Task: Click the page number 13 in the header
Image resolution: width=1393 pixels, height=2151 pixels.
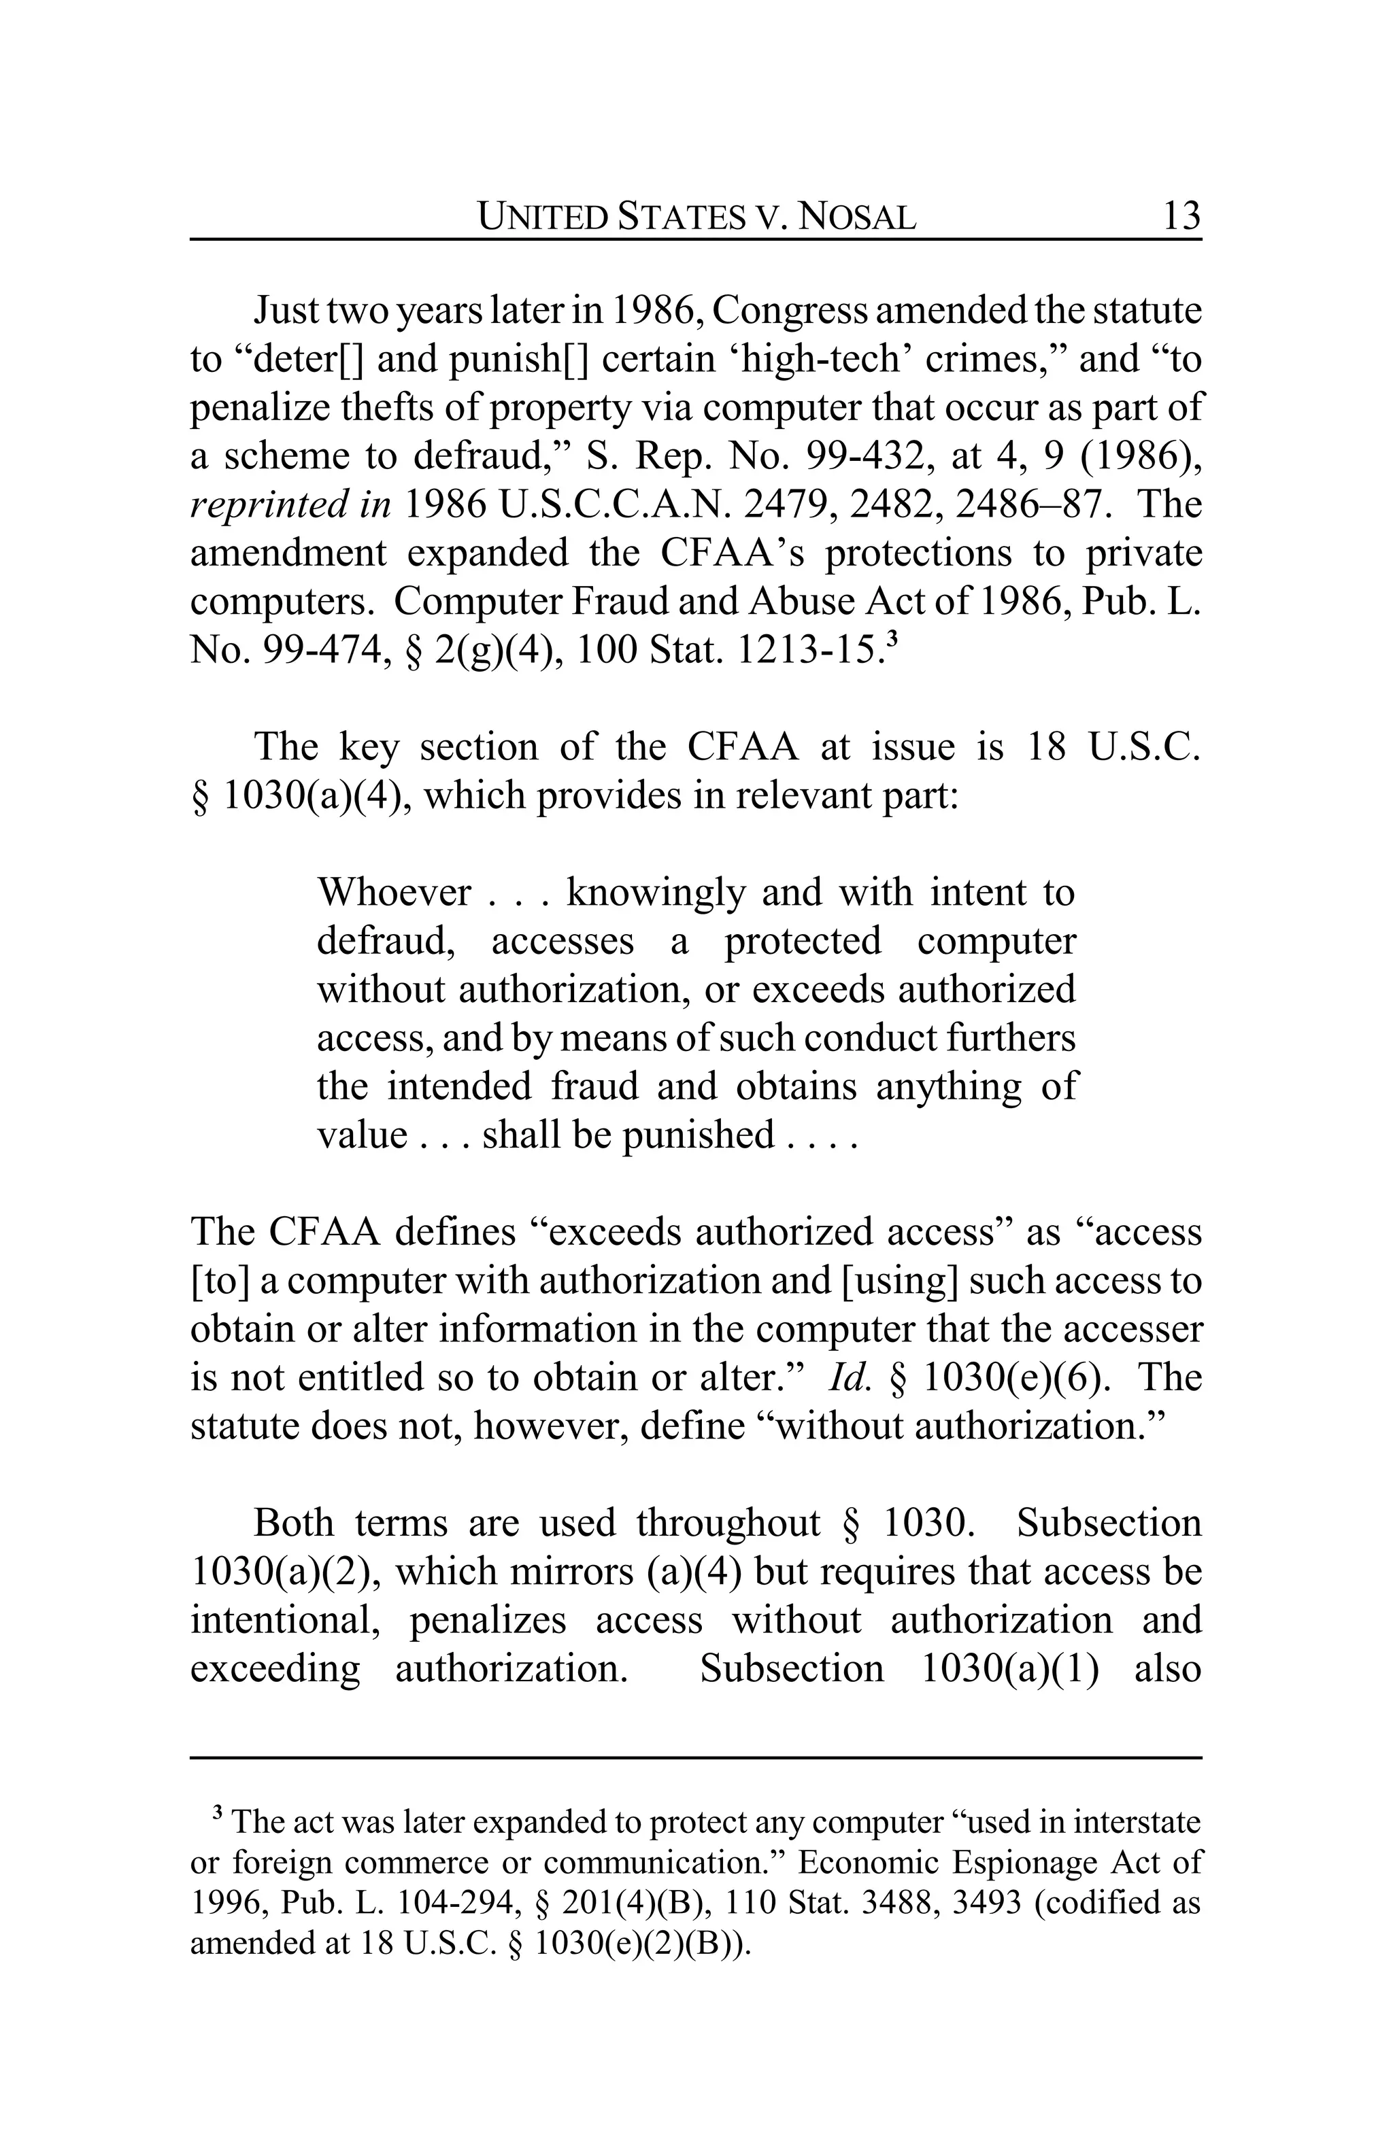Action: (x=1181, y=217)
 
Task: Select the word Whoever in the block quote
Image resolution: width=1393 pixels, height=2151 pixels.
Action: (x=393, y=893)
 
